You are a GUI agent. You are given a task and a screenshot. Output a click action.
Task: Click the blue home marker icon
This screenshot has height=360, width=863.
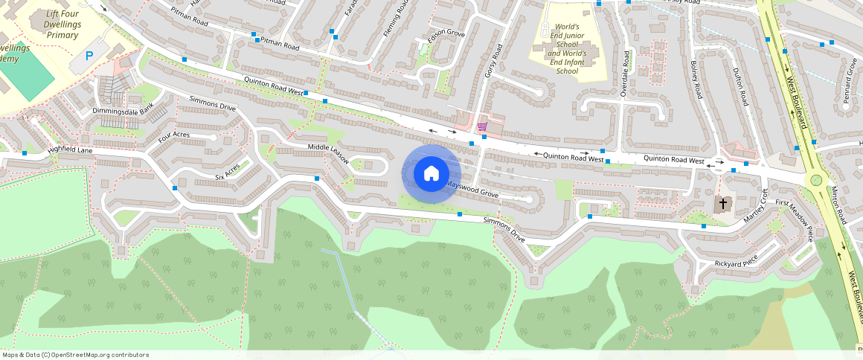click(x=431, y=174)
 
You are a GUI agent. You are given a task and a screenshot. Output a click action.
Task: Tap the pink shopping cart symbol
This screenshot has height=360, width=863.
click(x=482, y=127)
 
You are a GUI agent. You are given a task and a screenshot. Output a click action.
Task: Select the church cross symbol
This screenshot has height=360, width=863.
click(x=723, y=203)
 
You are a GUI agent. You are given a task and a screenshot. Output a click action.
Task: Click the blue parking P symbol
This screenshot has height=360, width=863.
click(x=90, y=56)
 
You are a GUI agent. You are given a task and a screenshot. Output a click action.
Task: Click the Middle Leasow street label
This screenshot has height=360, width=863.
click(x=328, y=154)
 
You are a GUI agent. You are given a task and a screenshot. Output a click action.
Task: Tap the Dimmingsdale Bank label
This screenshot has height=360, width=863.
click(x=123, y=111)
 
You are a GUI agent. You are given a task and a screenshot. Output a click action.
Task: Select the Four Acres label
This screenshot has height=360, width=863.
click(x=174, y=137)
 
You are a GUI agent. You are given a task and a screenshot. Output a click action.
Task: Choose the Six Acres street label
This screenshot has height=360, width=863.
click(x=228, y=172)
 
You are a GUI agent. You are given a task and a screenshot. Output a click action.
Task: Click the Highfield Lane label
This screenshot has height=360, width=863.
click(x=71, y=150)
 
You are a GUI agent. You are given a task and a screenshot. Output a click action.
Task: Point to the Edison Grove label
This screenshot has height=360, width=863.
click(x=446, y=35)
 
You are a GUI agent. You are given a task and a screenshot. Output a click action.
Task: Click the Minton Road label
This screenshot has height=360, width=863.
click(x=838, y=205)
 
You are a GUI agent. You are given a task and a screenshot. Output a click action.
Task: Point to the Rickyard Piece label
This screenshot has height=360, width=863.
click(x=736, y=262)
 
